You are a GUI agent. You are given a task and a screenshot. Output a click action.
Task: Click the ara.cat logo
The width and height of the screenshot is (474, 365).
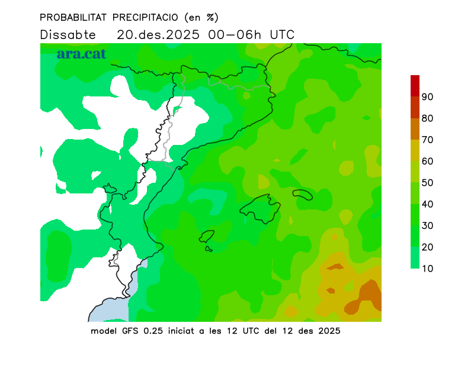click(x=81, y=53)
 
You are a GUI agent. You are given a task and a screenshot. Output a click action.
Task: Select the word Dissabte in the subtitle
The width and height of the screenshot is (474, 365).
click(x=68, y=34)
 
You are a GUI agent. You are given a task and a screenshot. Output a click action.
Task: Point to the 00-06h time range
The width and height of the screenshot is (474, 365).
click(x=235, y=34)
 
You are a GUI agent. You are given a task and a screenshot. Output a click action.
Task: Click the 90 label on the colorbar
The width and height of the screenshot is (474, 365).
click(x=428, y=97)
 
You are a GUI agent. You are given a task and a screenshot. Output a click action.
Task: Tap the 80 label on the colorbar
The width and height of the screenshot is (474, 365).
click(x=428, y=118)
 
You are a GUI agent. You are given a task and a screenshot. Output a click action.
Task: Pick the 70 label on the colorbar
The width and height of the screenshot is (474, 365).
click(x=428, y=140)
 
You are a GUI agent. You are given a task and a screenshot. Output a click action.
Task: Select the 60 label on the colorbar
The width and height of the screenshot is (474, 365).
click(x=428, y=161)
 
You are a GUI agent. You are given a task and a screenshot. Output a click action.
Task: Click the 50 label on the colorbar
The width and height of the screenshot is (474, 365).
click(x=428, y=183)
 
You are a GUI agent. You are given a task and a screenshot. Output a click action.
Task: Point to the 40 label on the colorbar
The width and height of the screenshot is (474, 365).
click(x=428, y=204)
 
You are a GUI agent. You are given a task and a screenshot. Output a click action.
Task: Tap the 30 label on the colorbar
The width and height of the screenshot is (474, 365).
click(x=428, y=225)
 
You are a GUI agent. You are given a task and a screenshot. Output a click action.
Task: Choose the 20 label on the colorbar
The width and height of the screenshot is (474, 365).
click(x=428, y=247)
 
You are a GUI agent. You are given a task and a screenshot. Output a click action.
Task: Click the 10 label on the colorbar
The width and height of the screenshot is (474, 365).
click(x=428, y=269)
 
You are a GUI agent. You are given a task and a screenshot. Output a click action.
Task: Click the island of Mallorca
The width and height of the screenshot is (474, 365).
click(x=261, y=208)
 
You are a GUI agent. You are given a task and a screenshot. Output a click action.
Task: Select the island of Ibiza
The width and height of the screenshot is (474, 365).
click(x=207, y=237)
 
